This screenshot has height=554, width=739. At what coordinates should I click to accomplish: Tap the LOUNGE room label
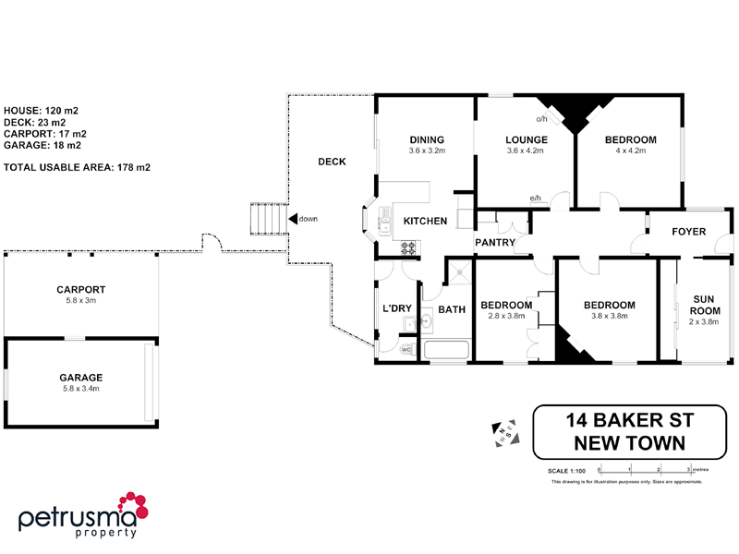pos(527,140)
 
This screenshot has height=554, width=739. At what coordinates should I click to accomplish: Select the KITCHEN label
pos(425,222)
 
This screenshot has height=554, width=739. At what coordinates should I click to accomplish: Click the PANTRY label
pos(494,243)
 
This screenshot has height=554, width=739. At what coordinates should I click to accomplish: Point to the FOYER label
pos(689,233)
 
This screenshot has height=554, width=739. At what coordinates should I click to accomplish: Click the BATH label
pos(452,310)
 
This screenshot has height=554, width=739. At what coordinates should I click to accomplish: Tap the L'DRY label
pos(396,308)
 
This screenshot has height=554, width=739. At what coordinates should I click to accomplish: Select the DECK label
pos(332,162)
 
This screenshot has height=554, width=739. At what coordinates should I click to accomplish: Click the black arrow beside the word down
pos(292,219)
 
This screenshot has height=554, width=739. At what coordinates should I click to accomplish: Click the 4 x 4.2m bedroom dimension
pos(630,151)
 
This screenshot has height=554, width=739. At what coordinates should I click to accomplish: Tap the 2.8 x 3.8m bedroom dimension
pos(506,316)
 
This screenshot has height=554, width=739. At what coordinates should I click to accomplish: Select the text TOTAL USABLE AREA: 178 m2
pos(78,167)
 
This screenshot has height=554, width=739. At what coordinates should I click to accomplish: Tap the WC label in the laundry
pos(406,350)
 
